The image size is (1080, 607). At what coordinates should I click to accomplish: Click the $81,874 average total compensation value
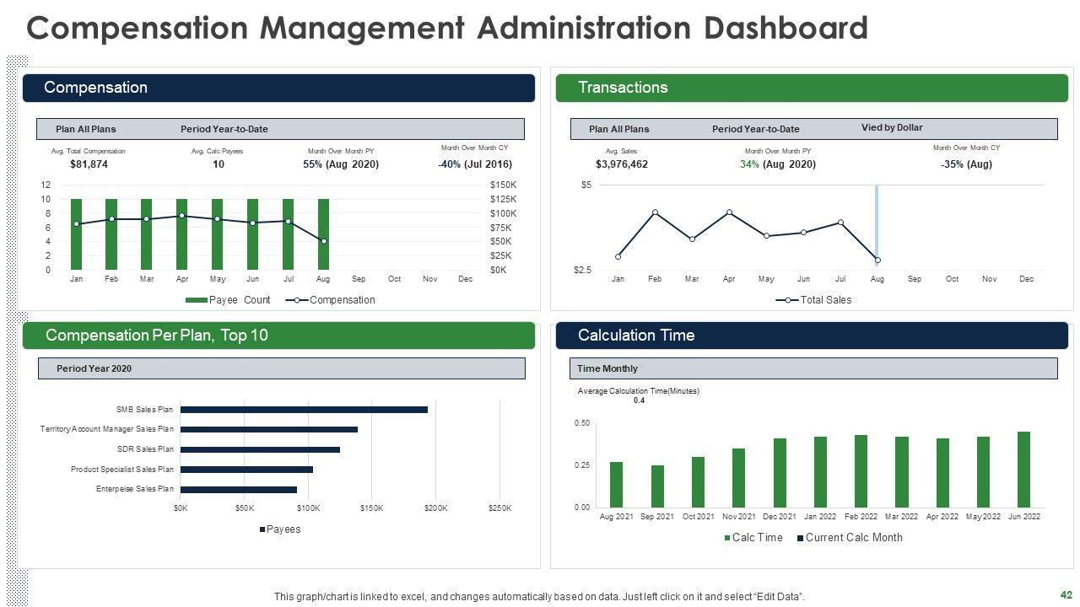click(x=89, y=164)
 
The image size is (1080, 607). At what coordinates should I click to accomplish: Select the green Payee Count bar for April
click(x=181, y=236)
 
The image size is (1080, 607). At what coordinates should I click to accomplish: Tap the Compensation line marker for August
click(x=323, y=241)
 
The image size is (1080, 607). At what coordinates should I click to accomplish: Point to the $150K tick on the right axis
click(x=504, y=185)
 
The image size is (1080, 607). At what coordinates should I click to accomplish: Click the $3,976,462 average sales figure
click(x=622, y=164)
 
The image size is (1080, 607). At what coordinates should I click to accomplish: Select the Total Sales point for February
click(x=655, y=212)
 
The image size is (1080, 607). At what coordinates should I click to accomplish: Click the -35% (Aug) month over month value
click(x=966, y=164)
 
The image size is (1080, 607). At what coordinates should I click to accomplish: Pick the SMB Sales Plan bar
click(x=304, y=410)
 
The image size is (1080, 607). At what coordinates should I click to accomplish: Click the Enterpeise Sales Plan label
click(x=135, y=489)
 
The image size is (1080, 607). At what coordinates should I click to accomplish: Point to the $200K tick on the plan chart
click(x=435, y=508)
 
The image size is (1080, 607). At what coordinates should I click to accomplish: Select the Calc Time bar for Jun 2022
click(x=1023, y=470)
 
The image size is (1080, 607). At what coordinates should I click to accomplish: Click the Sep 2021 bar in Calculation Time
click(x=657, y=486)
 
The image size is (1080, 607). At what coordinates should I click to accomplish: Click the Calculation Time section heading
click(x=636, y=336)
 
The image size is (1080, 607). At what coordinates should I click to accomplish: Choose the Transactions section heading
click(x=623, y=88)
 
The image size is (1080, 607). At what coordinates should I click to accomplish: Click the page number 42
click(x=1065, y=594)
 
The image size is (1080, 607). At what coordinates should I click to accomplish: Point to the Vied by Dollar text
click(x=892, y=128)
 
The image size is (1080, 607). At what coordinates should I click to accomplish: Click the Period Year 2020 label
click(x=94, y=368)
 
